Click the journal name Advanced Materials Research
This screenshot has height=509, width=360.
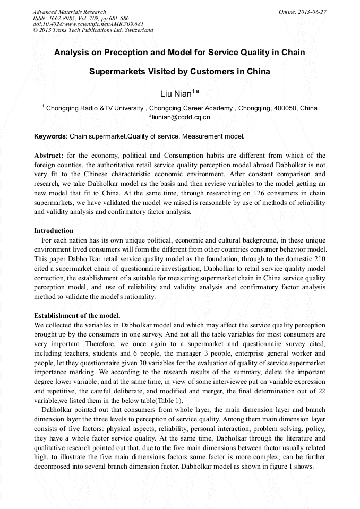pyautogui.click(x=69, y=12)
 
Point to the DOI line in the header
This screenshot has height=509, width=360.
pyautogui.click(x=88, y=24)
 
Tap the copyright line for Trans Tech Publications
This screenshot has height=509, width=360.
pyautogui.click(x=93, y=30)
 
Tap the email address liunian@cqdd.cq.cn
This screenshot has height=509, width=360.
pyautogui.click(x=181, y=117)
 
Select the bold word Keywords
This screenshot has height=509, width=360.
pyautogui.click(x=50, y=136)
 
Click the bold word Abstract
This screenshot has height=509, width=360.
pyautogui.click(x=49, y=156)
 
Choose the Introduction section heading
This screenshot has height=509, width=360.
pyautogui.click(x=54, y=231)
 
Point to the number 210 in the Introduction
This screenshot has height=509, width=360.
pyautogui.click(x=318, y=258)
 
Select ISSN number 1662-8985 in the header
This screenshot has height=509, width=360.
pyautogui.click(x=64, y=18)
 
